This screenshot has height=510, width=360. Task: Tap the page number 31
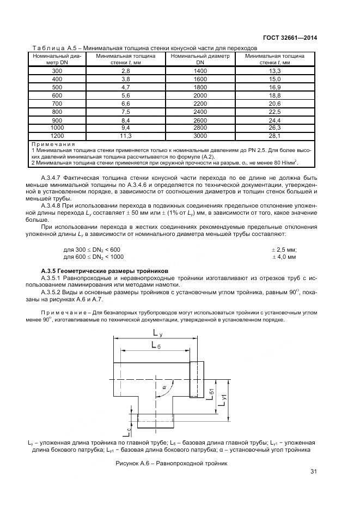click(313, 472)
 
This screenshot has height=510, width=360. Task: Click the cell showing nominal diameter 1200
click(57, 135)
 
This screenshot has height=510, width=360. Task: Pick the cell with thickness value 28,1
click(274, 135)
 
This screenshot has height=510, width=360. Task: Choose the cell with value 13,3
click(274, 71)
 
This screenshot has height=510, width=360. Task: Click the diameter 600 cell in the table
click(57, 95)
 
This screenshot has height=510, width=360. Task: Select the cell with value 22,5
click(274, 112)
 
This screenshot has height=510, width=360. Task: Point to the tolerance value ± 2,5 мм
click(284, 250)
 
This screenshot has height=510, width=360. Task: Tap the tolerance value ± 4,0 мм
click(284, 256)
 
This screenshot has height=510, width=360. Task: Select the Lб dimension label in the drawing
click(156, 345)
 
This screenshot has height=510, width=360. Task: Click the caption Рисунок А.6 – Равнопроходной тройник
click(170, 463)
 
